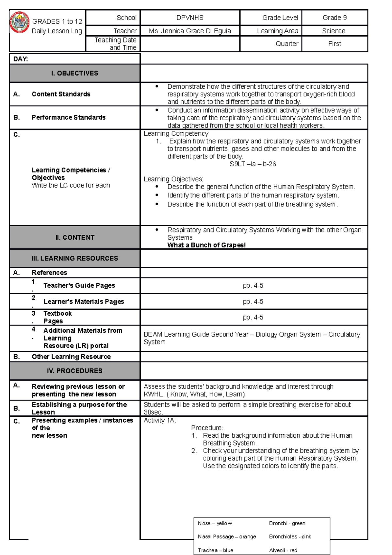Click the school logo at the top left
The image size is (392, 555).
coord(20,23)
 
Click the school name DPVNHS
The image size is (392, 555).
coord(190,18)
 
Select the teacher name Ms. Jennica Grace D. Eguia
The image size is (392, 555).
coord(190,31)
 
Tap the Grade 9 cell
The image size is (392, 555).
coord(335,18)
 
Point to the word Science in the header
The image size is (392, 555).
coord(334,31)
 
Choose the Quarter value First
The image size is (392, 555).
coord(335,44)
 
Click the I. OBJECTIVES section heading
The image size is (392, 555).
coord(74,73)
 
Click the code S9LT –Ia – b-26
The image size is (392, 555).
coord(253,164)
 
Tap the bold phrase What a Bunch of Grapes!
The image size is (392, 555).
coord(206,245)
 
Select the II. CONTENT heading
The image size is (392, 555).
coord(75,238)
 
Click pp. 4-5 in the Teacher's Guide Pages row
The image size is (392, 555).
coord(253,286)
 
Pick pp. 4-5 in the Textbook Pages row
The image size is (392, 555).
coord(253,317)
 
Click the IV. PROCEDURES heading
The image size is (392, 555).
coord(74,371)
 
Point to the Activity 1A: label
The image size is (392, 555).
coord(160,421)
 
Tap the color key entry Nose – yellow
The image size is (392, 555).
coord(215,523)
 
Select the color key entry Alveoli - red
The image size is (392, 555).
coord(283,550)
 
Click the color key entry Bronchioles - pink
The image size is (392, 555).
coord(290,537)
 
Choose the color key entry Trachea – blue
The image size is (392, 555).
coord(215,550)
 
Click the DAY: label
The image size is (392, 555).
coord(21,59)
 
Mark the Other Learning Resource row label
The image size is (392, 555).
coord(71,357)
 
